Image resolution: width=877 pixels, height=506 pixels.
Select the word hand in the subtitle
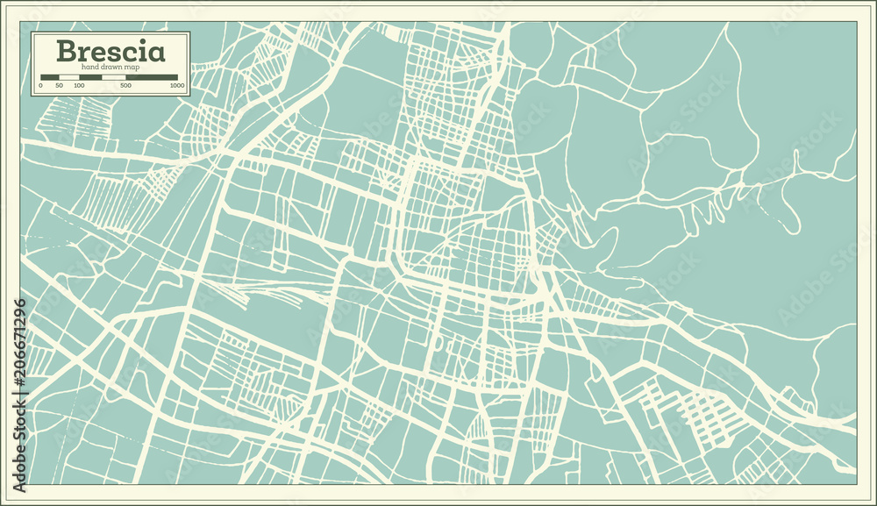click(x=89, y=67)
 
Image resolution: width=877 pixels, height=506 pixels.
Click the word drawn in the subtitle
click(x=111, y=67)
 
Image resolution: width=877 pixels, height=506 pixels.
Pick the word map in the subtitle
click(x=132, y=68)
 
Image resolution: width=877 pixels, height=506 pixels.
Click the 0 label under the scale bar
click(x=40, y=86)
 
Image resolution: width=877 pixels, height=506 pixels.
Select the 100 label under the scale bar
click(x=79, y=86)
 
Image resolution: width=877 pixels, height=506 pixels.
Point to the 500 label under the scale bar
click(x=125, y=86)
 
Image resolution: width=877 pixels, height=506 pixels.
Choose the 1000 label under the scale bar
click(x=177, y=86)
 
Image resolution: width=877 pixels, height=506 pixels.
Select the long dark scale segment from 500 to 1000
click(x=152, y=77)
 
